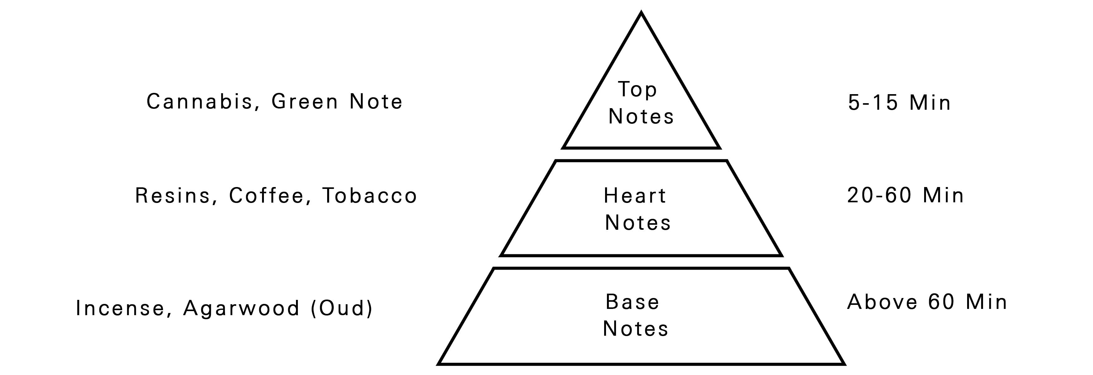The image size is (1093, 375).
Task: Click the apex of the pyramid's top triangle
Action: coord(641,13)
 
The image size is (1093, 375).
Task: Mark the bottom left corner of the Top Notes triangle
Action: coord(563,148)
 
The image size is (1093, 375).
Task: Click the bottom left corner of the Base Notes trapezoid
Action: coord(438,364)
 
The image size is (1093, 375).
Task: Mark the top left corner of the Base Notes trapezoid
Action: coord(494,268)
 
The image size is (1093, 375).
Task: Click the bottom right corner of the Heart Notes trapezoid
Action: coord(781,256)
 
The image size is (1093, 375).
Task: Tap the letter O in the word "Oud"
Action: coord(326,308)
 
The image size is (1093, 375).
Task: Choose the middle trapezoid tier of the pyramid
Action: coord(641,208)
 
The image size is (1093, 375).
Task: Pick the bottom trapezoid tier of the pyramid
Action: coord(641,316)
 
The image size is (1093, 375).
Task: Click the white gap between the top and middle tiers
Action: coord(641,155)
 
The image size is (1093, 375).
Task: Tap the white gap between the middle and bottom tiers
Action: coord(641,262)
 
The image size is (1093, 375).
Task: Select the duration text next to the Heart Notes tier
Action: coord(905,195)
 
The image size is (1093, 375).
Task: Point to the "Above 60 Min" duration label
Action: coord(927,302)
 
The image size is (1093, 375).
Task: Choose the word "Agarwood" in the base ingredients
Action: coord(241,309)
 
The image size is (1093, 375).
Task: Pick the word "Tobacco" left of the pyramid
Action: coord(370,196)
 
